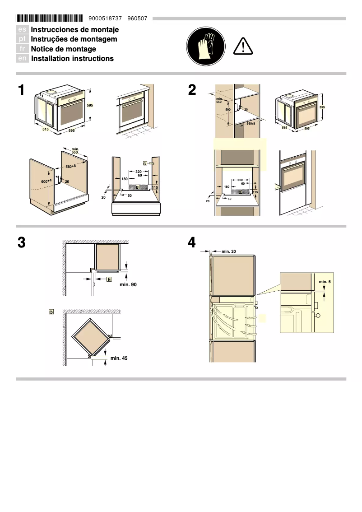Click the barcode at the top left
49,19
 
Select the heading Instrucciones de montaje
74,29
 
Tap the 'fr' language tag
23,49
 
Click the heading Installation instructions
72,59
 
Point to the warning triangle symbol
243,46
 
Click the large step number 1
21,90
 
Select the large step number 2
192,90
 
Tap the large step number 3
21,242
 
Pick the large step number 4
192,242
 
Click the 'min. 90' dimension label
128,284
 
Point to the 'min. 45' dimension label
119,358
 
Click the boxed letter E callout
109,279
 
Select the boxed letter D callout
51,312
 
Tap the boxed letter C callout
145,163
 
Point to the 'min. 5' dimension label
325,282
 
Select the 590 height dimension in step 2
228,110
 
